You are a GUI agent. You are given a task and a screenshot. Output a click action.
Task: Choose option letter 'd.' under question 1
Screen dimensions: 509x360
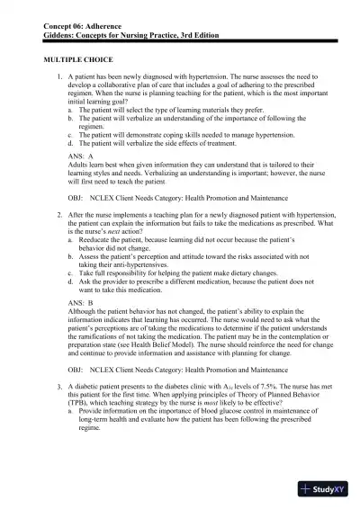click(x=70, y=143)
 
